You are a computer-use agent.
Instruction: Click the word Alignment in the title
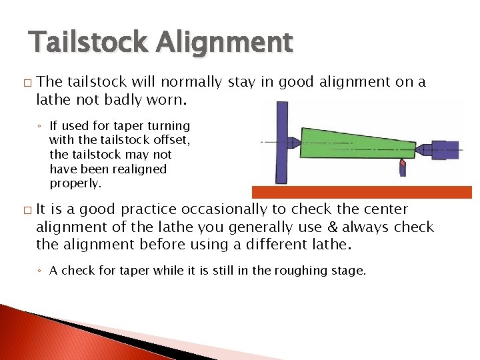225,43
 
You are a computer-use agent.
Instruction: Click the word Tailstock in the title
89,43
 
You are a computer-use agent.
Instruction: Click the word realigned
133,169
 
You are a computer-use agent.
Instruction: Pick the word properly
74,183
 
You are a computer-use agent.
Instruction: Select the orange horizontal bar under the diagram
361,192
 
